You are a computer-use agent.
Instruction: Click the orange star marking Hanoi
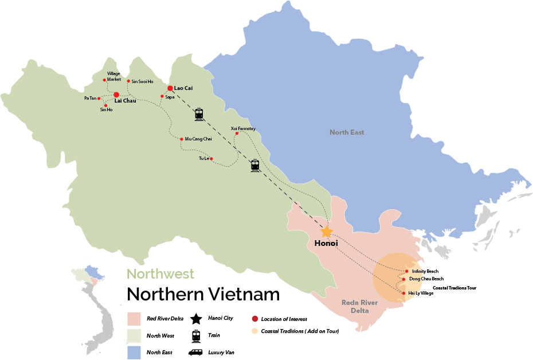326,232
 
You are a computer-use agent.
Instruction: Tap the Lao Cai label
183,88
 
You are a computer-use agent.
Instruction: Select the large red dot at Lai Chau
116,95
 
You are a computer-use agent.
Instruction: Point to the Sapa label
170,97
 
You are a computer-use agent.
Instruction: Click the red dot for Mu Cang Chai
182,139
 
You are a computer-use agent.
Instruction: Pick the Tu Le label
203,158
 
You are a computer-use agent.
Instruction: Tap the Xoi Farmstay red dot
237,134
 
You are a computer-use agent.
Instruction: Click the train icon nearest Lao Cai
199,114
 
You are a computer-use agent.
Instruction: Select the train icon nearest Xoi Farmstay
255,166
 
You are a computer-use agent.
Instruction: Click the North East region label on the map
347,132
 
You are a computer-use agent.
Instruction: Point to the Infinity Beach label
425,271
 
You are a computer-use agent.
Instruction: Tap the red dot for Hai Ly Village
404,293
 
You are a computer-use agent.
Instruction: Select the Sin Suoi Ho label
142,81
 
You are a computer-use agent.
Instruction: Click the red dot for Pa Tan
99,98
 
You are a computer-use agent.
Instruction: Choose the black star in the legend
196,319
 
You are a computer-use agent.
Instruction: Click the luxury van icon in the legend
196,352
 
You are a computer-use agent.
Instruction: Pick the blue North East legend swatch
134,352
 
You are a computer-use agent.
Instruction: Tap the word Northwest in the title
160,274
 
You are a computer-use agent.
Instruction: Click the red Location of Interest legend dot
254,319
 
